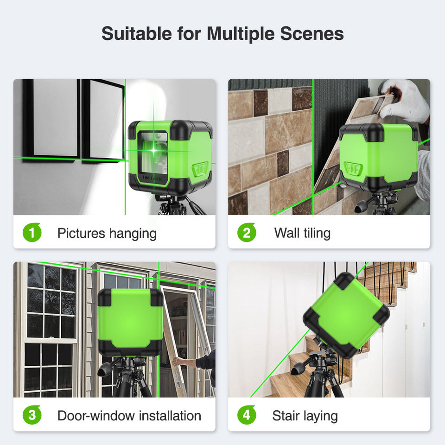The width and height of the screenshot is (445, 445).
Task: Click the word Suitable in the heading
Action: pos(136,33)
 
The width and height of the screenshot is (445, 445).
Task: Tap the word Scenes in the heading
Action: pos(312,33)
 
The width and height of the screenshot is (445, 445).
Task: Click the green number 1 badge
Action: pos(32,232)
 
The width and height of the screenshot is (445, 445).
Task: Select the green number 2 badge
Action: pos(247,232)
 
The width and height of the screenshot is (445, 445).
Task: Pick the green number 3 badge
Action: pos(32,415)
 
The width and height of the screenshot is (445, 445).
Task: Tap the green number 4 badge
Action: pos(247,415)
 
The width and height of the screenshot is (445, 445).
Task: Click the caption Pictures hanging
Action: pos(107,234)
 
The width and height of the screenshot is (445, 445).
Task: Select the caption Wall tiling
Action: pos(302,233)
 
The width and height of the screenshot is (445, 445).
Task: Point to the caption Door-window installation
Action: pos(129,416)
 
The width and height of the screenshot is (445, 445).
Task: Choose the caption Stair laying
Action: pos(305,416)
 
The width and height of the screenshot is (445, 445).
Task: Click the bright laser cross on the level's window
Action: pos(153,150)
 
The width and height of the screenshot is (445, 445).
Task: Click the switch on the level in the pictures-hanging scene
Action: pos(200,170)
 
